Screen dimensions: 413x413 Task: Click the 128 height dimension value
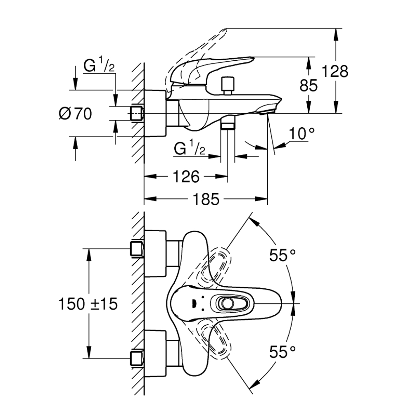(335, 71)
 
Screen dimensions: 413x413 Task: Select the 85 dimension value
(309, 85)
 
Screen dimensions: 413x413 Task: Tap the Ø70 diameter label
(75, 113)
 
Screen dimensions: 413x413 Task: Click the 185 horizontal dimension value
(206, 200)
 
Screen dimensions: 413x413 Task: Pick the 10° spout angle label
(301, 133)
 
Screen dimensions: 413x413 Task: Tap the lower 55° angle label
(283, 352)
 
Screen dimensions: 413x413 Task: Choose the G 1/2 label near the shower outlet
(190, 149)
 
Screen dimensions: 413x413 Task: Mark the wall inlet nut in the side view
(137, 114)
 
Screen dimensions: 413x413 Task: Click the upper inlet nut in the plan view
(137, 249)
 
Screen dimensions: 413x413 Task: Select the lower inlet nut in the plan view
(137, 358)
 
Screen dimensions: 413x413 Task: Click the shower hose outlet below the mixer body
(228, 124)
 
